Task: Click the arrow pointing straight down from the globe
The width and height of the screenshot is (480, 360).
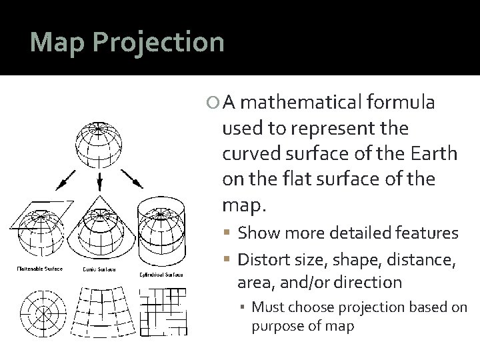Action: (100, 179)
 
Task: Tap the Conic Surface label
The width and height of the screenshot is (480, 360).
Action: (99, 269)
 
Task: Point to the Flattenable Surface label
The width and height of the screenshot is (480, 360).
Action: (39, 269)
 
